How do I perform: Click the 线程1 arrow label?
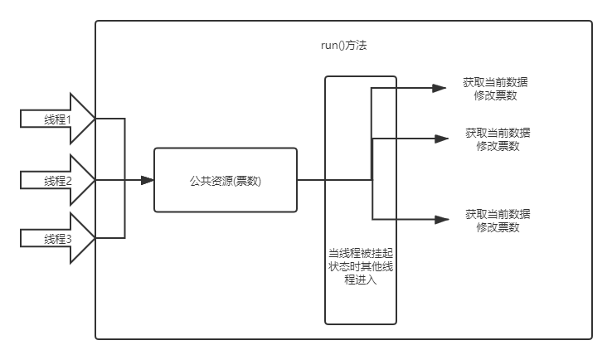(58, 119)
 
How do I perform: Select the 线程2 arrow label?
(58, 181)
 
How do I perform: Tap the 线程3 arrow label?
(58, 239)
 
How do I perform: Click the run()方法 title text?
(343, 46)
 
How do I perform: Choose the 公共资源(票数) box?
(225, 180)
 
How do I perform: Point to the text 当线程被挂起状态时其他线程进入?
(360, 266)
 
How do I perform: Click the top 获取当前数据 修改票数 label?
(497, 89)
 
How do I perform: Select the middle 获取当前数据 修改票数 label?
(498, 139)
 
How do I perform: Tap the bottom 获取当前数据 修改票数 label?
(498, 221)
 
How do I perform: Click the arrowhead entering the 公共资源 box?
(148, 180)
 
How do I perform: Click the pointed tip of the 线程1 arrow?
(95, 119)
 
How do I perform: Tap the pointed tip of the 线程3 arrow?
(95, 239)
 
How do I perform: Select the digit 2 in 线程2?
(69, 181)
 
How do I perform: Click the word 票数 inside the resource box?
(247, 181)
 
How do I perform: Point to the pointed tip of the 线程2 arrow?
(95, 180)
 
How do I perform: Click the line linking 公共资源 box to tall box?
(310, 180)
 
